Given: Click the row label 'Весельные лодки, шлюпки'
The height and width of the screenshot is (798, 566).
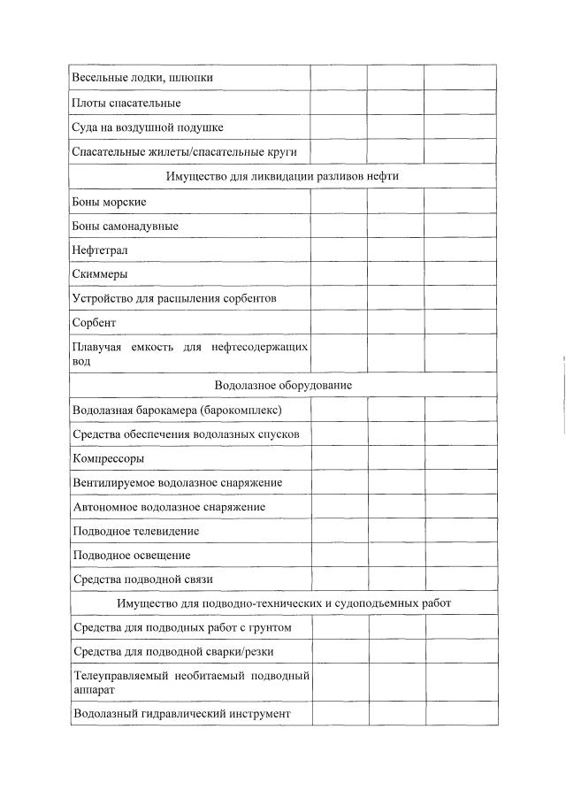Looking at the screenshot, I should tap(142, 78).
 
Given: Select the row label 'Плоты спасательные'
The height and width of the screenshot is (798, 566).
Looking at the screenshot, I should tap(126, 103).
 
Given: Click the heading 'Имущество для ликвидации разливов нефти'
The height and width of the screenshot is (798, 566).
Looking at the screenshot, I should tap(282, 176).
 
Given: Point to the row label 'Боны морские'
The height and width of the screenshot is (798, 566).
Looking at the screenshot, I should tap(109, 202).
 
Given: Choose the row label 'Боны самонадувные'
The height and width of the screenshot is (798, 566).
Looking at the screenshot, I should tap(125, 226).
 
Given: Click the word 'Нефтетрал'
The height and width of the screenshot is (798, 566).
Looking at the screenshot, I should tap(100, 250).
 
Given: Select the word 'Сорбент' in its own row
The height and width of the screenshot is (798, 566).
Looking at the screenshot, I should tap(94, 323).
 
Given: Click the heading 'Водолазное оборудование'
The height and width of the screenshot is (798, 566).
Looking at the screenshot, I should tap(283, 386).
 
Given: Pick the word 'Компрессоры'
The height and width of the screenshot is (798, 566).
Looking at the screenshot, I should tap(108, 458).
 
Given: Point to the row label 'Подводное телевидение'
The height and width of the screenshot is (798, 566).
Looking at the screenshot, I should tap(136, 532).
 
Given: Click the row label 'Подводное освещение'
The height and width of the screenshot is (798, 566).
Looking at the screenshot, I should tap(131, 556).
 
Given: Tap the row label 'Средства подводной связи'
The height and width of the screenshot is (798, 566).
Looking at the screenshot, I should tap(142, 579).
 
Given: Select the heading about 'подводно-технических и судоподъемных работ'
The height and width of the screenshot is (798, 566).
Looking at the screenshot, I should tap(283, 603).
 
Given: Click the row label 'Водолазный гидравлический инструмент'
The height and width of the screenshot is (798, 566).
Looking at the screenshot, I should tap(181, 713).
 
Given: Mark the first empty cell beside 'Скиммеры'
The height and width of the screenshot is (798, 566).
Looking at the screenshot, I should tap(339, 274).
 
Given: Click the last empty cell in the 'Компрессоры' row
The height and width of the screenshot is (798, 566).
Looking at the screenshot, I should tap(460, 458).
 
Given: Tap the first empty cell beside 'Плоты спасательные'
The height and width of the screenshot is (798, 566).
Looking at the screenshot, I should tap(339, 103).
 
